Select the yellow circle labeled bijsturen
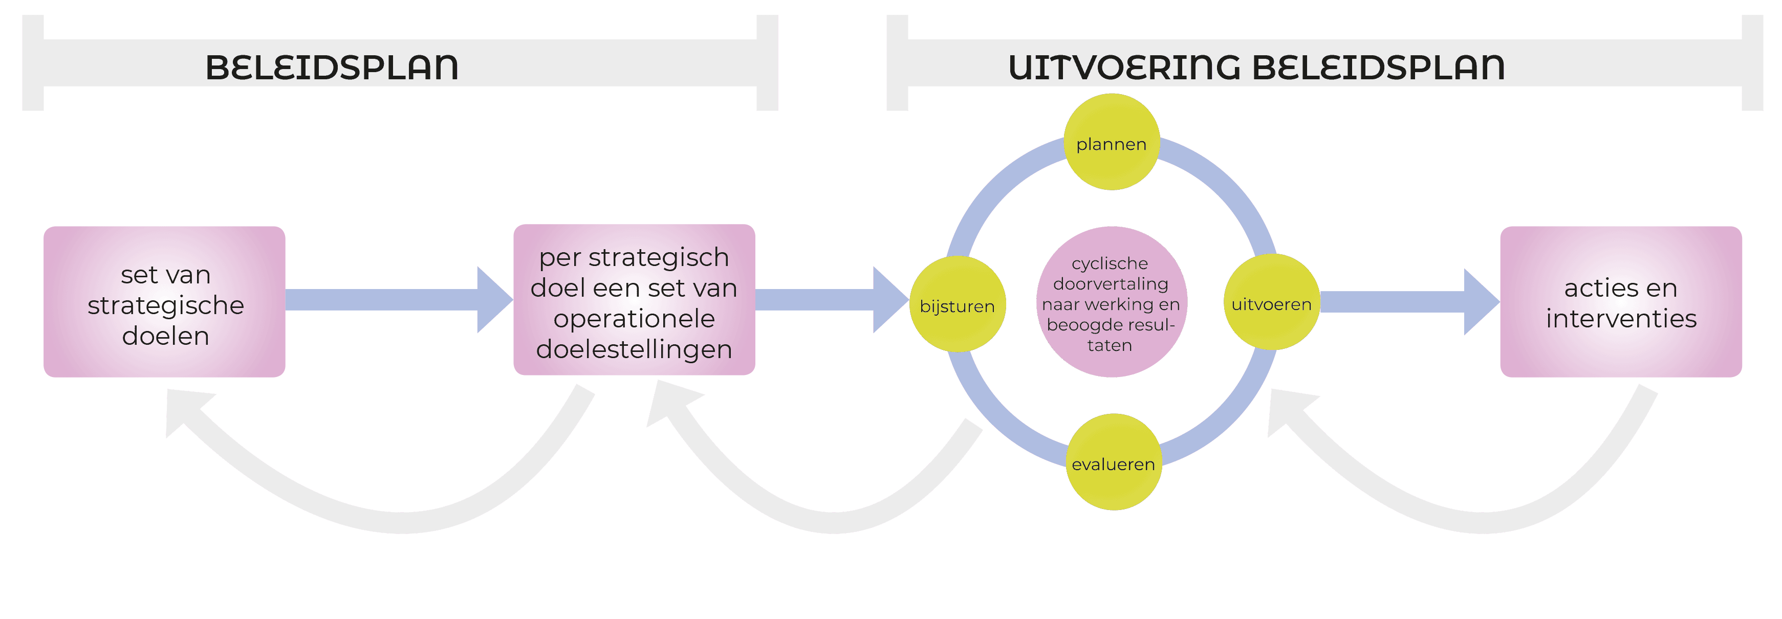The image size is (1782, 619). click(958, 304)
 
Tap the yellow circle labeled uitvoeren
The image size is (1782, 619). click(1271, 302)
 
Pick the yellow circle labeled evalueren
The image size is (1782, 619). click(1113, 462)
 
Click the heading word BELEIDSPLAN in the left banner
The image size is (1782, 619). click(332, 67)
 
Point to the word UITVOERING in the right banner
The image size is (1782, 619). click(1124, 67)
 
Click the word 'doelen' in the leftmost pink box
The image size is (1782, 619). click(165, 336)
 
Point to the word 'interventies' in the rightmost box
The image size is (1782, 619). click(1621, 319)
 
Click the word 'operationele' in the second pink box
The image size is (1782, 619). click(634, 319)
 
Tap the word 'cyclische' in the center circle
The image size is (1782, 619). click(1110, 263)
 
